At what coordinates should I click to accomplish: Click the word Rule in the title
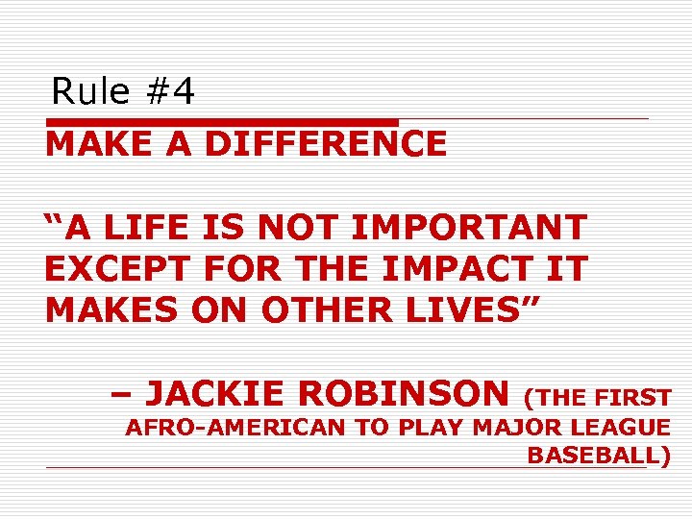point(90,92)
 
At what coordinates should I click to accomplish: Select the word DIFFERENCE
point(326,144)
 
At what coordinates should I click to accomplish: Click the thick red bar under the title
point(221,122)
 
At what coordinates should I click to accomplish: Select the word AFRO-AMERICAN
point(236,429)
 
